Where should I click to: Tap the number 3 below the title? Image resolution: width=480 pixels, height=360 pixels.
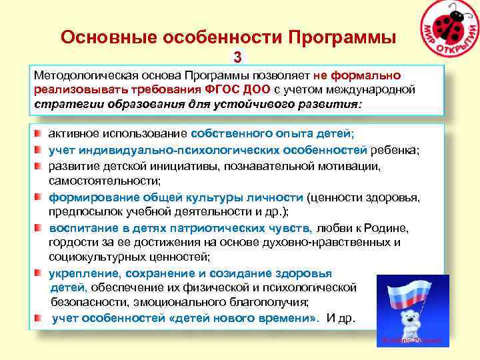tap(237, 58)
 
